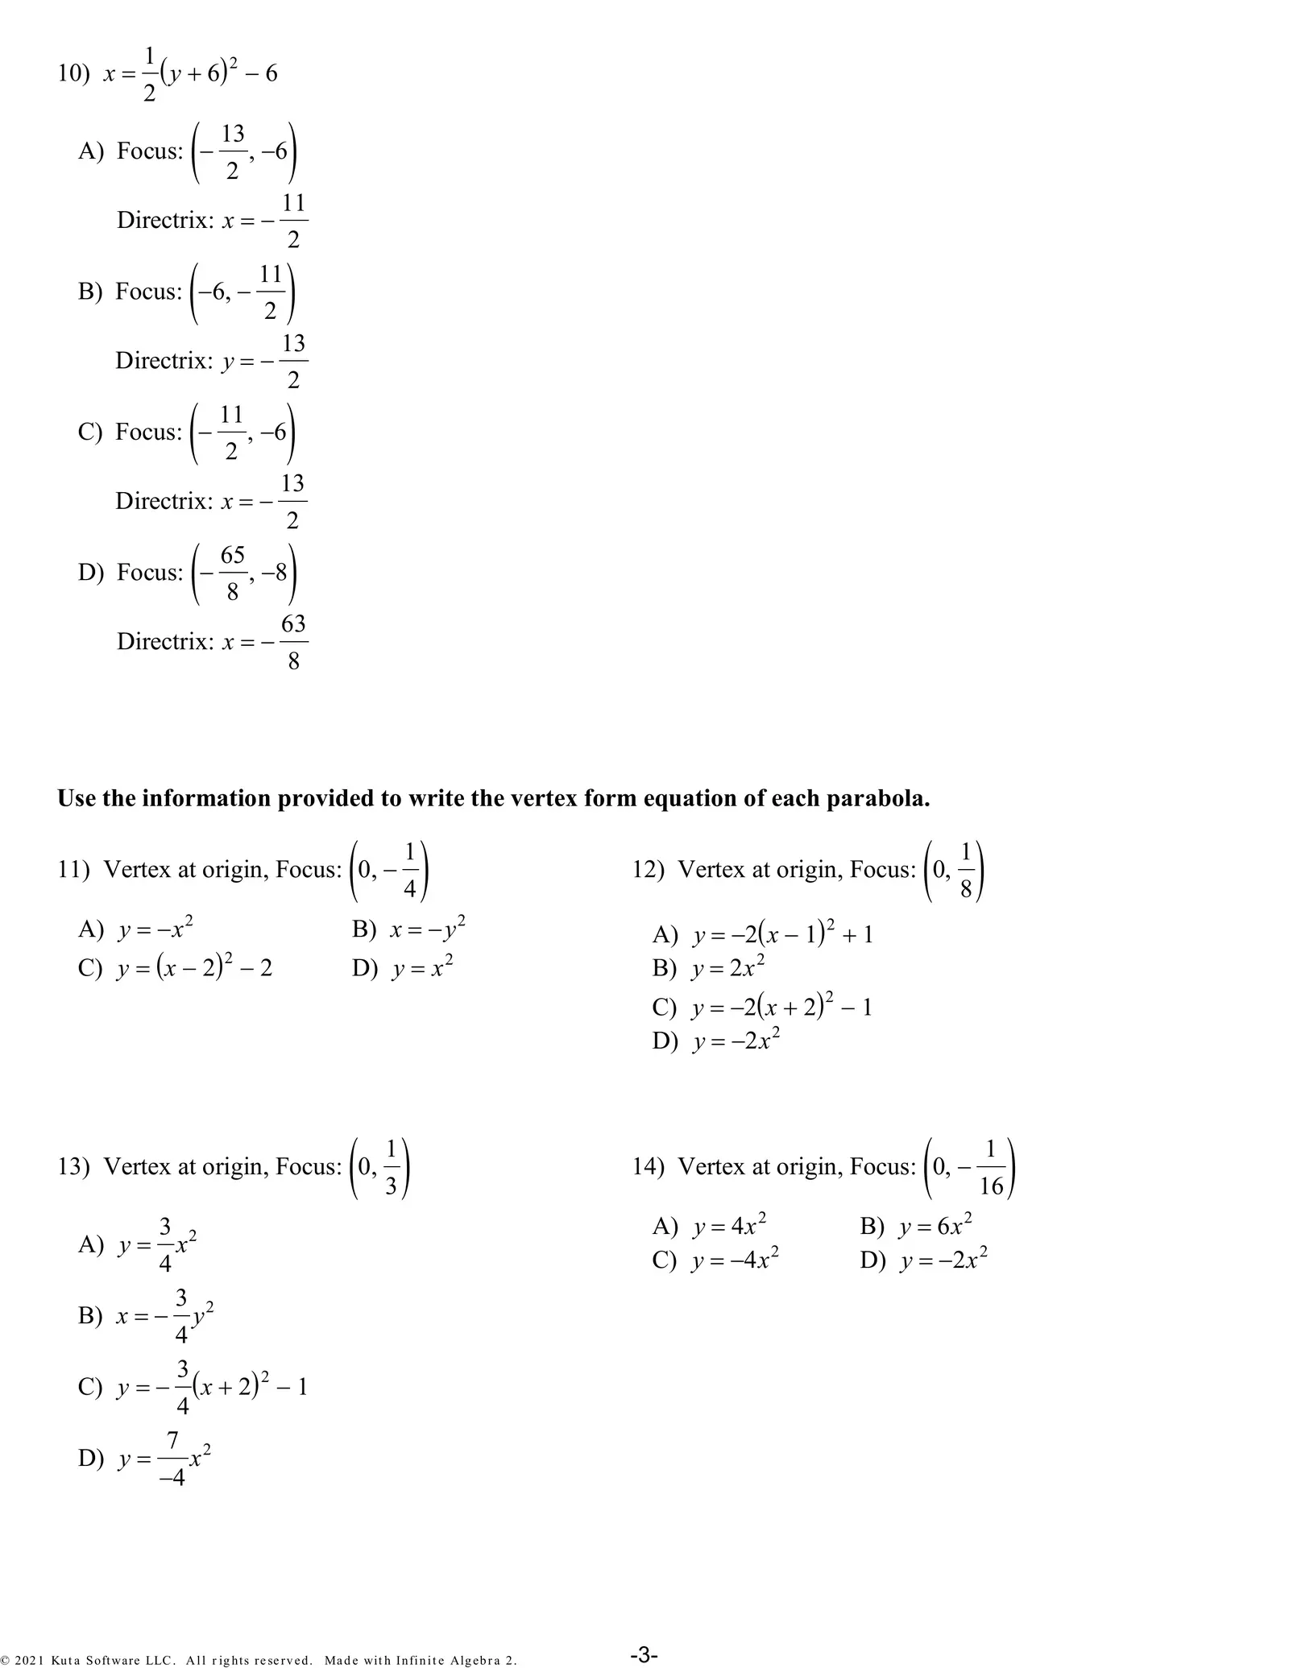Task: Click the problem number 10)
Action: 73,74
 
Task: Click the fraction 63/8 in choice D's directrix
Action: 293,642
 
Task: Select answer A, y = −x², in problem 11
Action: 155,929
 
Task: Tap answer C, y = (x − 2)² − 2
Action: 193,966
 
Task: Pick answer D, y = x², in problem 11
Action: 422,966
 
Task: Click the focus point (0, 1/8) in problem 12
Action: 955,871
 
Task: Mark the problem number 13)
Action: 73,1166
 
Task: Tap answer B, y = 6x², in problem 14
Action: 935,1226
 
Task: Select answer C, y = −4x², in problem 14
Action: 735,1260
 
